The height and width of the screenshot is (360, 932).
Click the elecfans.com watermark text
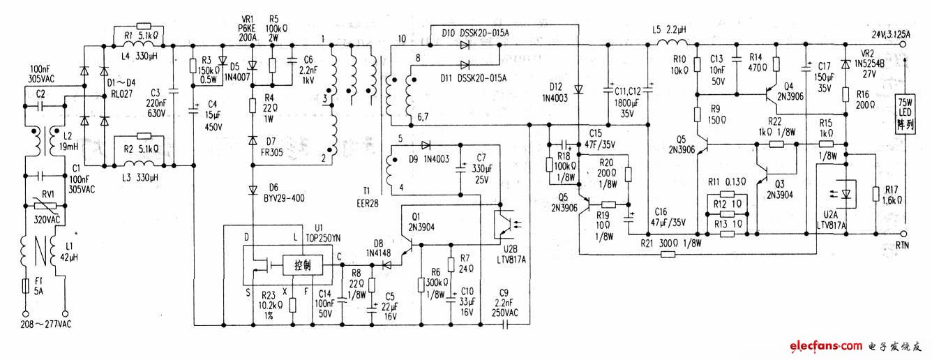point(825,346)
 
